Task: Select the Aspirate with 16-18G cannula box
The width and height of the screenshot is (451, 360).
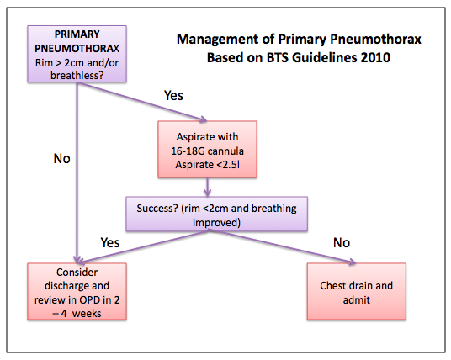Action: [205, 150]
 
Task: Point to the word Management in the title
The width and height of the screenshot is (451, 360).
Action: [216, 40]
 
